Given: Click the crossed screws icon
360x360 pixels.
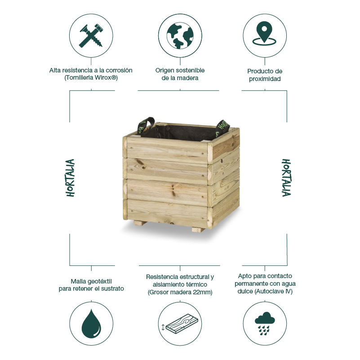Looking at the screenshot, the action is (x=91, y=35).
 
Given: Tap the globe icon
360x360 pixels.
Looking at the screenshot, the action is (x=180, y=36).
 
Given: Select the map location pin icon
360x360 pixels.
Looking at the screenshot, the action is (x=264, y=33).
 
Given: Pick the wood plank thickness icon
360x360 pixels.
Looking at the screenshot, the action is (x=180, y=324).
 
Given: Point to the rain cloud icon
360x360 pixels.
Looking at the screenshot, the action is (x=265, y=324).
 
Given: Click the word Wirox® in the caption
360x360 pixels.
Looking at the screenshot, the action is (x=106, y=78).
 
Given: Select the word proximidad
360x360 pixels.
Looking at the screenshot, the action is (x=265, y=79).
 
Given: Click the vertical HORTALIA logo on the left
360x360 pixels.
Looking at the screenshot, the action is (x=71, y=178).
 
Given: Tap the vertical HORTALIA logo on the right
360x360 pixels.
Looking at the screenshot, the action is (x=286, y=177).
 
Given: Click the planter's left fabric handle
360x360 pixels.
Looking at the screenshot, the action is (x=145, y=126).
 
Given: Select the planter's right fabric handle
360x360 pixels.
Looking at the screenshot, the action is (x=222, y=128).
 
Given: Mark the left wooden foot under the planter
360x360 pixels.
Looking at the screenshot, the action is (x=140, y=223).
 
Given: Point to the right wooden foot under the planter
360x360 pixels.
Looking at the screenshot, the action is (x=198, y=229).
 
